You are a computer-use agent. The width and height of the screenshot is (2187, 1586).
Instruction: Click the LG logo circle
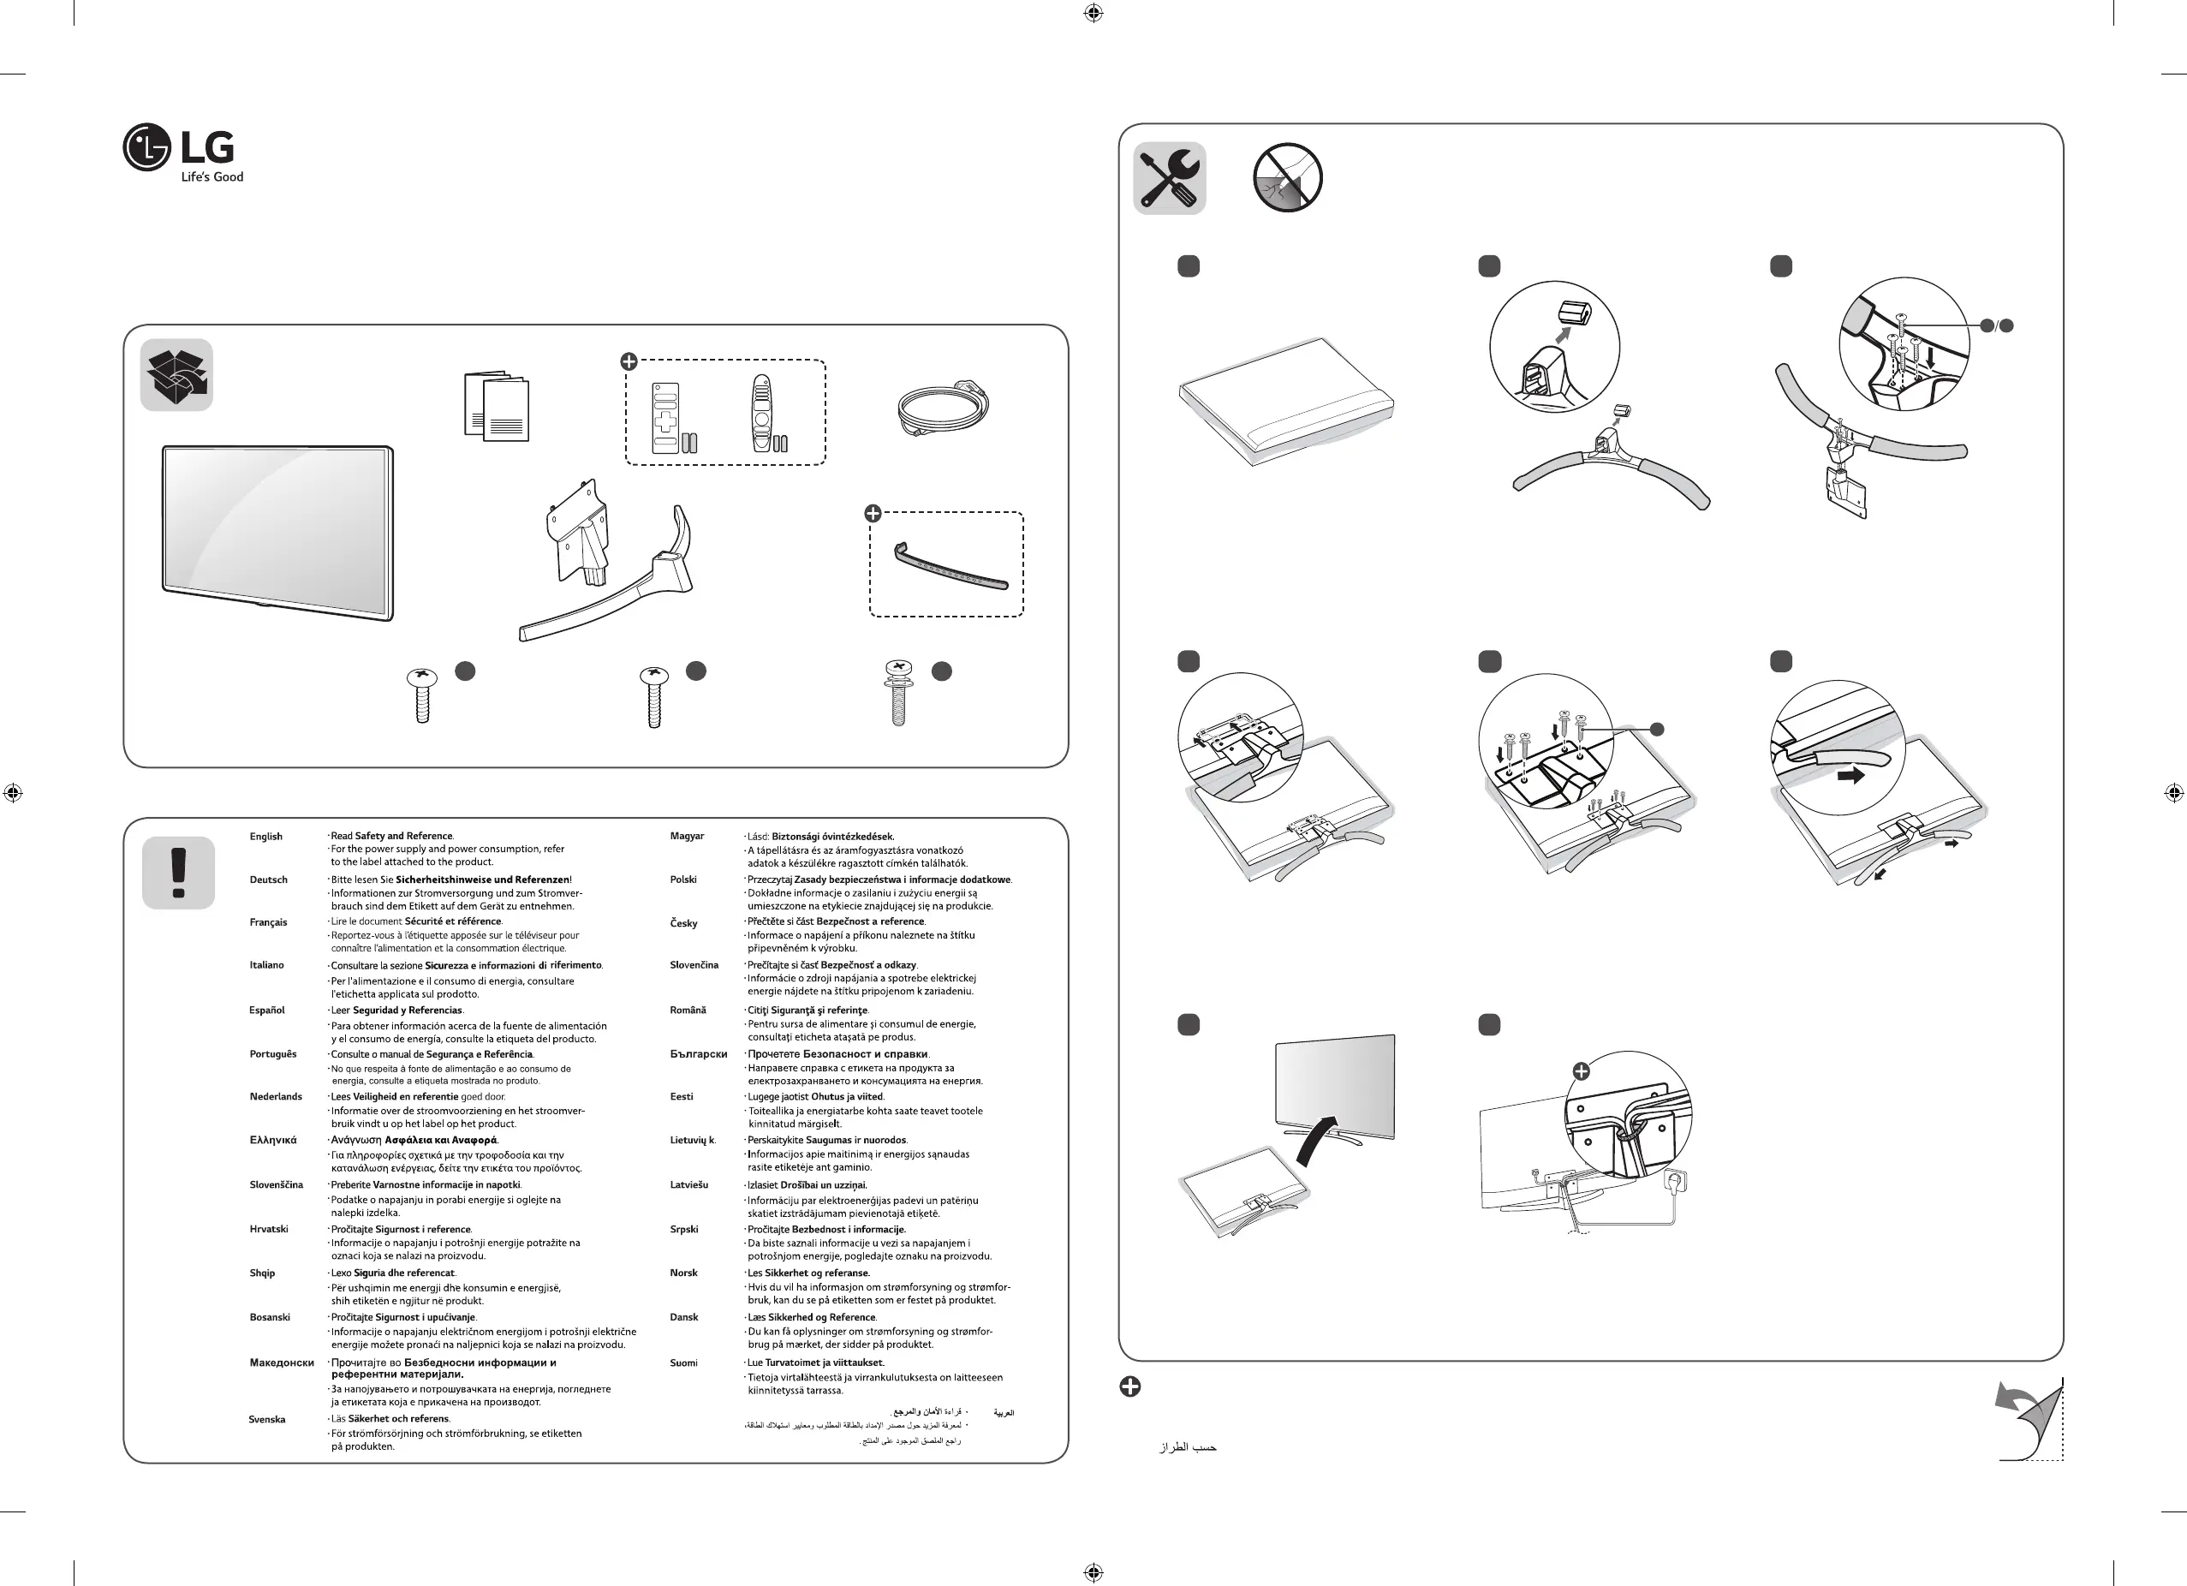pyautogui.click(x=146, y=147)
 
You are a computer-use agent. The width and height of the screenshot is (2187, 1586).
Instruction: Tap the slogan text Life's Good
pyautogui.click(x=212, y=177)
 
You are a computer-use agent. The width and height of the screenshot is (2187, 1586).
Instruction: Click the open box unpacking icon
pyautogui.click(x=176, y=375)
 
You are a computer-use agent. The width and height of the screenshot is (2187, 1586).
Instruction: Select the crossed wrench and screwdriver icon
pyautogui.click(x=1170, y=178)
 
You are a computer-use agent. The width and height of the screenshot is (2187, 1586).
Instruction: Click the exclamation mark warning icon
pyautogui.click(x=178, y=873)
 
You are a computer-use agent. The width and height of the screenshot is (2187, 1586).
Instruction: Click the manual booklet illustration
pyautogui.click(x=496, y=407)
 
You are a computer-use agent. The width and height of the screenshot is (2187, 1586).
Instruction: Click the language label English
pyautogui.click(x=266, y=837)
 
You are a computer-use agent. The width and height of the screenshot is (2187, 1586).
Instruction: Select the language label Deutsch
pyautogui.click(x=268, y=880)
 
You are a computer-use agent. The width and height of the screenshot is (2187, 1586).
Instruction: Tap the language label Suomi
pyautogui.click(x=683, y=1363)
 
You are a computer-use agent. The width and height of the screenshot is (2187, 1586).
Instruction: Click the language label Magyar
pyautogui.click(x=687, y=837)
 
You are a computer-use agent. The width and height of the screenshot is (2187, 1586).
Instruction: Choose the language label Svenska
pyautogui.click(x=267, y=1419)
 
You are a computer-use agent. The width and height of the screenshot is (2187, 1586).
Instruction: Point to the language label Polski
pyautogui.click(x=682, y=880)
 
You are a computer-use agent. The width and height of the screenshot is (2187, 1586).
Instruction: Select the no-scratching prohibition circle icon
pyautogui.click(x=1287, y=178)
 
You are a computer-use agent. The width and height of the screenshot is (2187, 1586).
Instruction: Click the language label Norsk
pyautogui.click(x=683, y=1273)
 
